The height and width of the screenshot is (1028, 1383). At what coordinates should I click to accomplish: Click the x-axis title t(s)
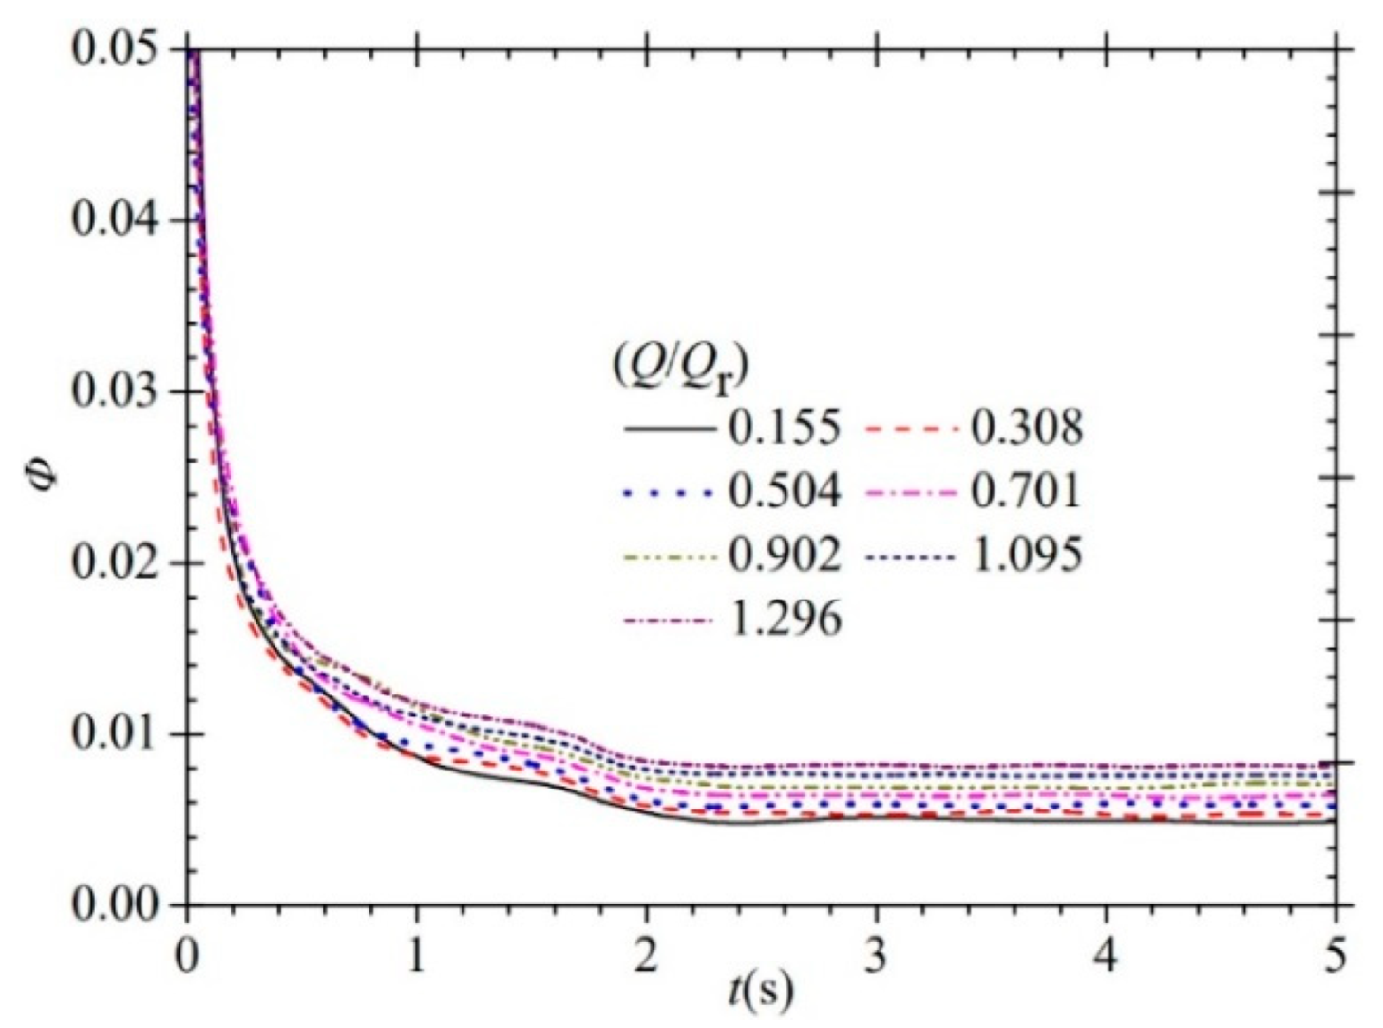point(760,992)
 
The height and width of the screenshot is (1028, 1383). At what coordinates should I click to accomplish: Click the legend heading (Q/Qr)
point(680,366)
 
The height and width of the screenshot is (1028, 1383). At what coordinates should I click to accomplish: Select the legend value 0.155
point(785,428)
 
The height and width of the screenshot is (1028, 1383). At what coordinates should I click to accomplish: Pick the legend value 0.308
point(1026,428)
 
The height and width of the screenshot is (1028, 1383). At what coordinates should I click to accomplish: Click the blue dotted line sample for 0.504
point(669,493)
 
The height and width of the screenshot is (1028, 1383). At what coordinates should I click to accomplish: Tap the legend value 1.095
point(1026,556)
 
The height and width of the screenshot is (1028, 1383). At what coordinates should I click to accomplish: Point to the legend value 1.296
point(785,619)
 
